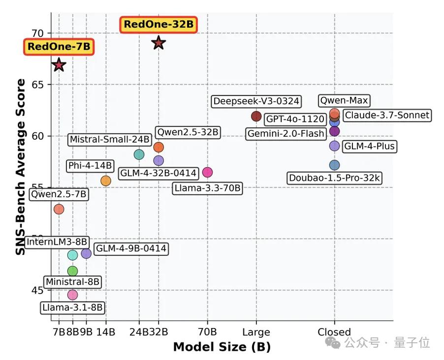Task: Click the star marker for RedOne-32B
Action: (158, 43)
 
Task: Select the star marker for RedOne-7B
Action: (59, 65)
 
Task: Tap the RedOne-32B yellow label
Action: (158, 24)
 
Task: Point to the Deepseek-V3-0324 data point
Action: (256, 116)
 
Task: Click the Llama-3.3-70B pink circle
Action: (207, 172)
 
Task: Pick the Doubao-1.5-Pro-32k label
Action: (335, 178)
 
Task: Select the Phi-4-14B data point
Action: (106, 181)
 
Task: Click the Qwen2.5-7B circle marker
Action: (59, 209)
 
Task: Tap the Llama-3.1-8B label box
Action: (72, 308)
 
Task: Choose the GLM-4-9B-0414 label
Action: (130, 249)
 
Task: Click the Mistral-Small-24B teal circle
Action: (139, 154)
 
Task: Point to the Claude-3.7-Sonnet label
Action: (386, 116)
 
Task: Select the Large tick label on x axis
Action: (256, 332)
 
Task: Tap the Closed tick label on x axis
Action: (334, 332)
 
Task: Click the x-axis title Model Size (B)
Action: (222, 347)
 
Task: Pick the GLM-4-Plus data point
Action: (335, 146)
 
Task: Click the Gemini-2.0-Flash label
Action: (286, 133)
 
